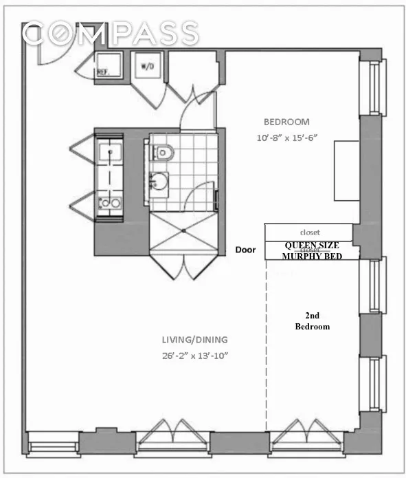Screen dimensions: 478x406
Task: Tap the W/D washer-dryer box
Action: tap(147, 66)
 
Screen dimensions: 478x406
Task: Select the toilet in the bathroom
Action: tap(160, 151)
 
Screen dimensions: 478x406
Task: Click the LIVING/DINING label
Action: tap(195, 340)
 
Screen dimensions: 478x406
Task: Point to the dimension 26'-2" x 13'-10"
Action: tap(195, 355)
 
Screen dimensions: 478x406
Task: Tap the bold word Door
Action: tap(245, 250)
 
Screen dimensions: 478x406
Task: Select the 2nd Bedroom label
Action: tap(312, 321)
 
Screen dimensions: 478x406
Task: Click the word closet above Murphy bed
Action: tap(310, 233)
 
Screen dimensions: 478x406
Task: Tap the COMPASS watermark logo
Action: tap(110, 33)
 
